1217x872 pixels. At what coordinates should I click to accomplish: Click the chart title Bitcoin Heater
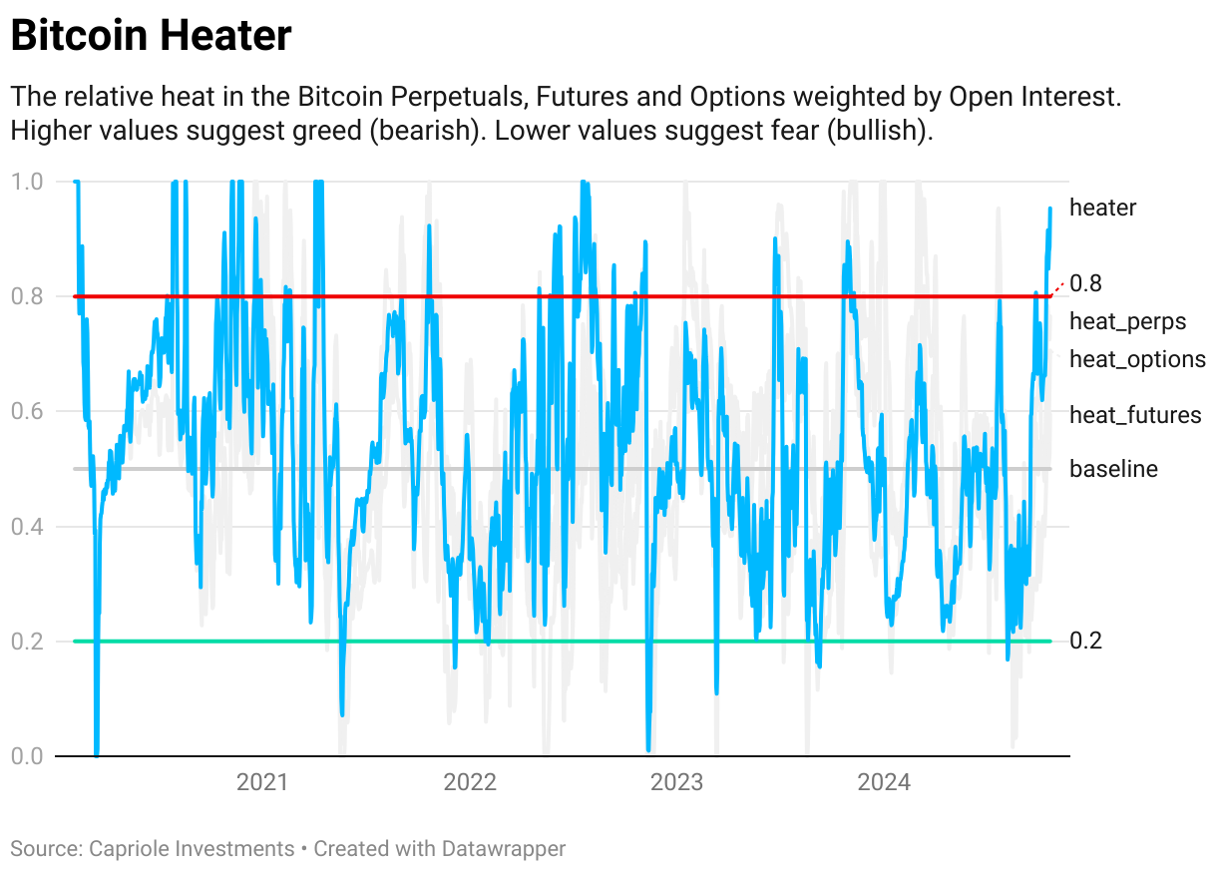pyautogui.click(x=151, y=37)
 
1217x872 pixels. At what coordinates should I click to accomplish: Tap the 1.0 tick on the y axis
pyautogui.click(x=27, y=182)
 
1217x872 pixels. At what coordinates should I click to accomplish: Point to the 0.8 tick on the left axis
pyautogui.click(x=27, y=296)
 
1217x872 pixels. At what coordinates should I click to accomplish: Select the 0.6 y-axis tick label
pyautogui.click(x=27, y=411)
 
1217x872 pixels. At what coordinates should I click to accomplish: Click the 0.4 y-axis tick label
pyautogui.click(x=27, y=526)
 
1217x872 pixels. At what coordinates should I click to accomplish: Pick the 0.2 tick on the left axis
pyautogui.click(x=27, y=641)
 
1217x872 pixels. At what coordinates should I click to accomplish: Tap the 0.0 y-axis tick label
pyautogui.click(x=27, y=755)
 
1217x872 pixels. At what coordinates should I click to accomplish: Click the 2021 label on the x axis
pyautogui.click(x=262, y=782)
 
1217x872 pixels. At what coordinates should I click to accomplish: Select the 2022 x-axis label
pyautogui.click(x=470, y=782)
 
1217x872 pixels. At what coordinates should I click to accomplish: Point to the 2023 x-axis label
pyautogui.click(x=677, y=782)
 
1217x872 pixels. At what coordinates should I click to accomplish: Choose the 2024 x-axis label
pyautogui.click(x=885, y=782)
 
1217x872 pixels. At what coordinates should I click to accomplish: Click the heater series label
pyautogui.click(x=1102, y=208)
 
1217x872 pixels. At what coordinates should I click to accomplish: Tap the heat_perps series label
pyautogui.click(x=1127, y=321)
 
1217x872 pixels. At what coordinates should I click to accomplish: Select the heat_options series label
pyautogui.click(x=1137, y=359)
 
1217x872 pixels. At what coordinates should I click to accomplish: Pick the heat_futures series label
pyautogui.click(x=1135, y=415)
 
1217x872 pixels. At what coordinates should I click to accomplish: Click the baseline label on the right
pyautogui.click(x=1113, y=469)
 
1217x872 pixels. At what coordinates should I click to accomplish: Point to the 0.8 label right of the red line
pyautogui.click(x=1085, y=283)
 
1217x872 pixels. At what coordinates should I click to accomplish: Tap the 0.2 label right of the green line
pyautogui.click(x=1085, y=641)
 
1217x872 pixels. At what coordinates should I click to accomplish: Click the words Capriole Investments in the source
pyautogui.click(x=192, y=849)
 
